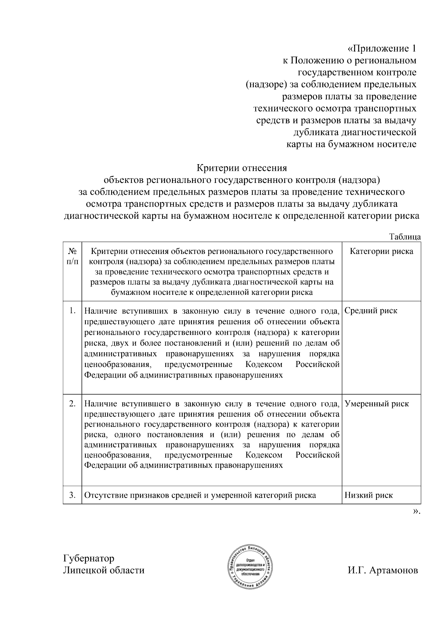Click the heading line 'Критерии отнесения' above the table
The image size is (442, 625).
tap(242, 168)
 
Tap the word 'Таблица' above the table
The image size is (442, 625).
tap(405, 237)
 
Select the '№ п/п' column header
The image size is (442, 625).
tap(72, 256)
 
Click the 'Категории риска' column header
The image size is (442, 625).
tap(381, 251)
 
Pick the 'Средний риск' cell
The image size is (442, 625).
tap(371, 311)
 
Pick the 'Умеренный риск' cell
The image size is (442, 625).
tap(376, 404)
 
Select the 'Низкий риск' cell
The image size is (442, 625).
tap(368, 495)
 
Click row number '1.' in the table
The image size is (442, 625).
tap(73, 311)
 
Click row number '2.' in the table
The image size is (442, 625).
tap(73, 404)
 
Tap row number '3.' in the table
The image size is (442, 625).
tap(73, 495)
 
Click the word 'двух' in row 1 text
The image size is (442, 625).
tap(120, 343)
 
